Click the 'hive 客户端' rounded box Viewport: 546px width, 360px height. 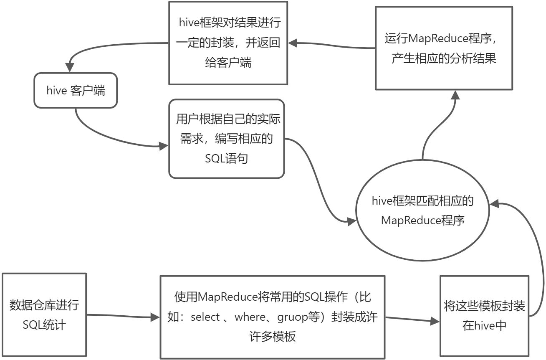[76, 90]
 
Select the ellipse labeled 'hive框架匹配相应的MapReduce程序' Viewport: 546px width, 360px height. [422, 210]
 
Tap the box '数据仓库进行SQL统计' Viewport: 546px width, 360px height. [44, 315]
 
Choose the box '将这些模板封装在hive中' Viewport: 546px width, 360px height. [484, 316]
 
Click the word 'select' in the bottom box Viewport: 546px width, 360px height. [205, 317]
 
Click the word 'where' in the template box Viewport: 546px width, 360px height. [250, 317]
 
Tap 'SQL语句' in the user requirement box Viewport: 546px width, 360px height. [226, 159]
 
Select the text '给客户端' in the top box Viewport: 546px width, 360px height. [228, 63]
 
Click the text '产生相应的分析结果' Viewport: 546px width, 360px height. [444, 58]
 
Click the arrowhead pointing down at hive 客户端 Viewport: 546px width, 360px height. [70, 67]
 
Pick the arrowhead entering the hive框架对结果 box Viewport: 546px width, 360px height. [293, 43]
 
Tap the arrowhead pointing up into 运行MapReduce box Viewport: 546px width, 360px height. [455, 95]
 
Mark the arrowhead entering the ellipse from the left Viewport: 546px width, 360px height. [352, 221]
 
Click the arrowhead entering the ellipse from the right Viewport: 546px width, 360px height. [494, 203]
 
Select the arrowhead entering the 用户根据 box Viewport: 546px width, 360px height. [164, 146]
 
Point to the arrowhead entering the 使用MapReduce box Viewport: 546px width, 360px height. [155, 317]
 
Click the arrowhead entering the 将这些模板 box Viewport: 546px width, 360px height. [435, 321]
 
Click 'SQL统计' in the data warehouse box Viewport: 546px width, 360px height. [44, 325]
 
